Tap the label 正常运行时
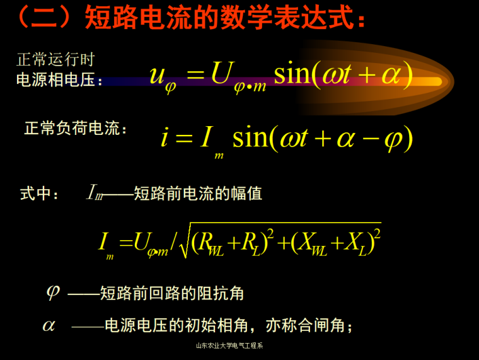pyautogui.click(x=55, y=60)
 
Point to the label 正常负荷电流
pyautogui.click(x=75, y=129)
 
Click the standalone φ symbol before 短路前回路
pyautogui.click(x=53, y=292)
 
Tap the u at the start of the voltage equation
pyautogui.click(x=158, y=75)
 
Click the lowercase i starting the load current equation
pyautogui.click(x=164, y=137)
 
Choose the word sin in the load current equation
pyautogui.click(x=251, y=136)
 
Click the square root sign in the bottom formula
pyautogui.click(x=184, y=242)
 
